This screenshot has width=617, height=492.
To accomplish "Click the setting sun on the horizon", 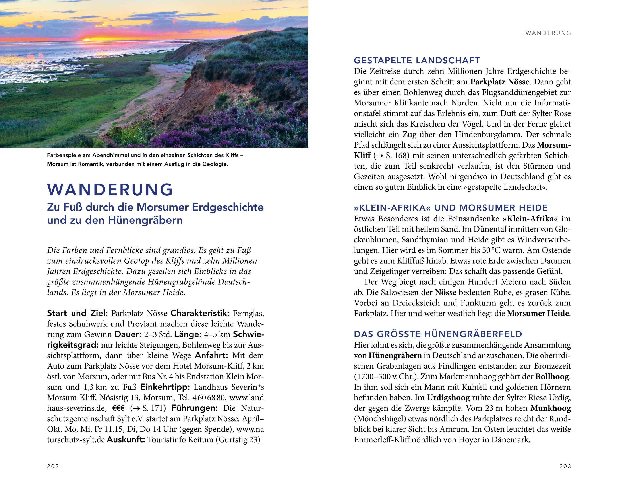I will pos(86,40).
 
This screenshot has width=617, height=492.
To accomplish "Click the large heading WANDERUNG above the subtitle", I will pos(110,189).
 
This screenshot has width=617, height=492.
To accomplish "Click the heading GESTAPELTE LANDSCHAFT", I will pos(417,61).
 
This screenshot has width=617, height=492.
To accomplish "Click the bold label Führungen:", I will pos(195,408).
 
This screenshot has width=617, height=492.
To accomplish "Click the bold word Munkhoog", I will pos(550,408).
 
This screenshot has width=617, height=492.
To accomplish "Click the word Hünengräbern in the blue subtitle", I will pos(145,220).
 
